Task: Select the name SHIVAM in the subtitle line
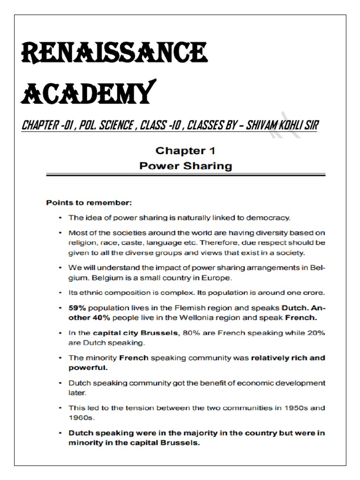point(255,125)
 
